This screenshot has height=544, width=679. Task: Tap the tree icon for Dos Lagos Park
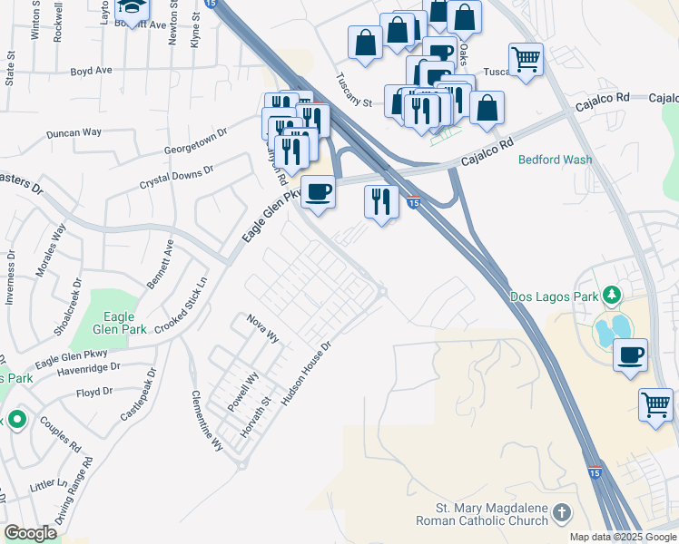tap(613, 295)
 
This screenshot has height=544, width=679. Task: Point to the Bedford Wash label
tap(555, 160)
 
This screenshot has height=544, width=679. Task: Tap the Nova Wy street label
tap(263, 327)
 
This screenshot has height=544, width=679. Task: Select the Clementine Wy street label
tap(207, 422)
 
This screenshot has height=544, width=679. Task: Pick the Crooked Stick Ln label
tap(182, 307)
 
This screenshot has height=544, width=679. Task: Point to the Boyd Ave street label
tap(91, 70)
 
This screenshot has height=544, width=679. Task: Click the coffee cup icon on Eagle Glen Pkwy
tap(318, 191)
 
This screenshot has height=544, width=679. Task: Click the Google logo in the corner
tap(30, 532)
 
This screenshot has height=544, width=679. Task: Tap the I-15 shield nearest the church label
tap(593, 472)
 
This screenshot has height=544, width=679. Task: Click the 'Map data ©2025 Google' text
tap(623, 537)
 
